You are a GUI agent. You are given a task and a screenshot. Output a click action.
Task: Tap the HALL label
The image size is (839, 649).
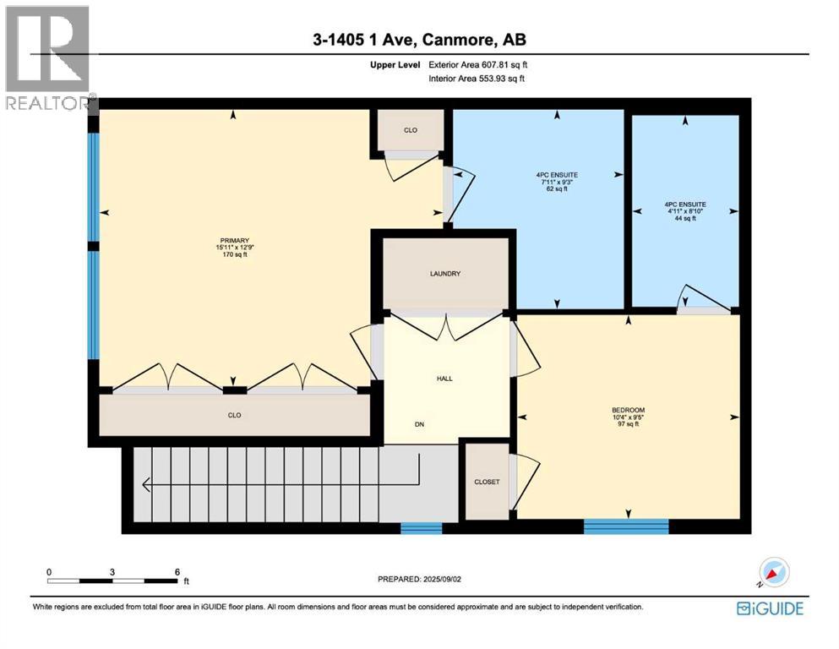[x=444, y=378]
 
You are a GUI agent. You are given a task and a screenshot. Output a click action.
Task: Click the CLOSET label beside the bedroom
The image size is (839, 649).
[x=486, y=482]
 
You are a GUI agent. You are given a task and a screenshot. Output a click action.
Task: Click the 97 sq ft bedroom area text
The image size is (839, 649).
[x=628, y=424]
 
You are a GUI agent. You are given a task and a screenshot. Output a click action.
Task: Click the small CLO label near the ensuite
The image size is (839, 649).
[x=411, y=130]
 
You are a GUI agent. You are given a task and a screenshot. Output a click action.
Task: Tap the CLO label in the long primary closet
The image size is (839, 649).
[x=235, y=415]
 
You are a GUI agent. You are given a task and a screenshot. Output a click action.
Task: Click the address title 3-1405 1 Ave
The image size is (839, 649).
[x=419, y=40]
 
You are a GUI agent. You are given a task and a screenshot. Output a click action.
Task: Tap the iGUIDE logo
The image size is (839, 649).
[x=769, y=608]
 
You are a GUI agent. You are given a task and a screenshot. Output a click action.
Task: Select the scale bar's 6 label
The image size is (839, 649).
[x=177, y=571]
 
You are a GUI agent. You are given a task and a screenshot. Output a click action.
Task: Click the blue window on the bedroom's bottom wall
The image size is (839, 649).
[x=626, y=526]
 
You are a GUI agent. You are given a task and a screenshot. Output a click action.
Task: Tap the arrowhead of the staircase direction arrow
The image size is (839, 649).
[x=146, y=484]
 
